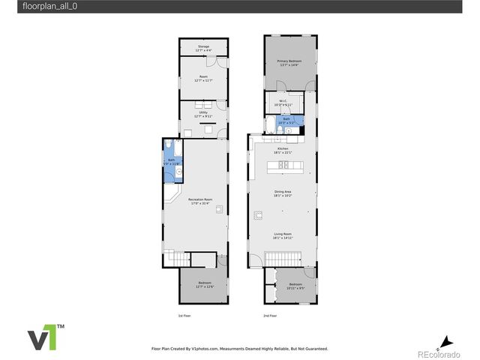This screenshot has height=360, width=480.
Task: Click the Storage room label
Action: coord(203,48)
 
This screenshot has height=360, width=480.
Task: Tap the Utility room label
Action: coord(203,115)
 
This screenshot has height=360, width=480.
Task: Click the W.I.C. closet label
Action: coord(283,103)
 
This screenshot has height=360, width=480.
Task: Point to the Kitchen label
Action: coord(283,150)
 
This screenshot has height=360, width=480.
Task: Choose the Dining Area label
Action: coord(283,193)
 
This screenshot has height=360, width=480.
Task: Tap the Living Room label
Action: coord(283,235)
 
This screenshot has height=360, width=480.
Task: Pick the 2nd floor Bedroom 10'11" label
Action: coord(295,286)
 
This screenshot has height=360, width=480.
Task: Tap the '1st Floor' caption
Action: coord(184,316)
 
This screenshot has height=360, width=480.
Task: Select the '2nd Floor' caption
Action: coord(271,316)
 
